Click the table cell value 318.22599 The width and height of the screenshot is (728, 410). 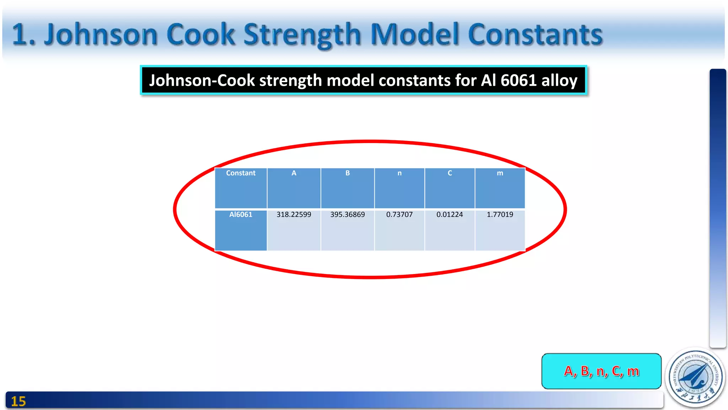click(294, 215)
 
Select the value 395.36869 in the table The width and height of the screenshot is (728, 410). click(347, 215)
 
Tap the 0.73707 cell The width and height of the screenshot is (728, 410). click(399, 215)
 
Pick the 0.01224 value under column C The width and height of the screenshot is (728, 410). click(450, 215)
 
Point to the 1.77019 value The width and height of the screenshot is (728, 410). click(500, 215)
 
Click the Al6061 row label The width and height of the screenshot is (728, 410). click(241, 215)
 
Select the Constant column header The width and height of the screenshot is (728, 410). click(241, 173)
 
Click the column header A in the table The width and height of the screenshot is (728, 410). click(294, 173)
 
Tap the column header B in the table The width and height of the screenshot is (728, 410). click(347, 173)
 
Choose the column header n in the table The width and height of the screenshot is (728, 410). click(399, 173)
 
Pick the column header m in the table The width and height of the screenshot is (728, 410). click(500, 173)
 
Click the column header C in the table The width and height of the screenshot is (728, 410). click(450, 173)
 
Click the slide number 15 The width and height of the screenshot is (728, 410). click(18, 401)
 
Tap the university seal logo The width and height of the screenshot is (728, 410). click(696, 377)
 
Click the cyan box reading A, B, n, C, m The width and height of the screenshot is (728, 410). click(601, 371)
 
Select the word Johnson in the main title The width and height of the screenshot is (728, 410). click(101, 35)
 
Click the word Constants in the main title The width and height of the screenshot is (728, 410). click(535, 35)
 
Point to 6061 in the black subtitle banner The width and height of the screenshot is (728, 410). click(519, 80)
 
